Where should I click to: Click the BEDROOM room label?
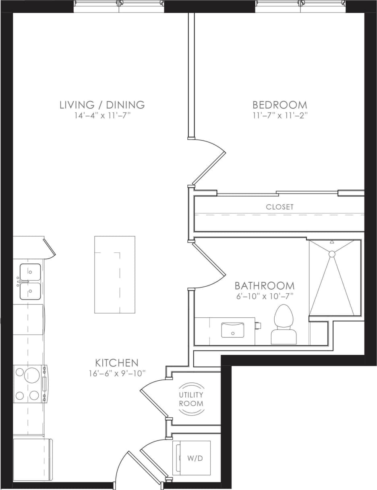click(x=280, y=105)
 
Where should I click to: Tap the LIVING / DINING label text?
click(x=102, y=105)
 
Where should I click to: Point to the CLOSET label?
click(x=280, y=207)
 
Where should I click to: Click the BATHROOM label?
click(x=265, y=286)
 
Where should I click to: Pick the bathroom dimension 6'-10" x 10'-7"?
click(x=265, y=296)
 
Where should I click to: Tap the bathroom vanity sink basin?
click(x=232, y=329)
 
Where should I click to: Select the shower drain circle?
click(x=332, y=254)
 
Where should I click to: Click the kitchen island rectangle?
click(x=115, y=274)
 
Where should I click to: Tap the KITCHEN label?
click(x=117, y=363)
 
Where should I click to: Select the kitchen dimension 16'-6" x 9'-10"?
click(x=117, y=373)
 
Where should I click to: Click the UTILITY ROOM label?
click(x=191, y=399)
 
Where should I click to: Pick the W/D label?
click(x=195, y=458)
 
